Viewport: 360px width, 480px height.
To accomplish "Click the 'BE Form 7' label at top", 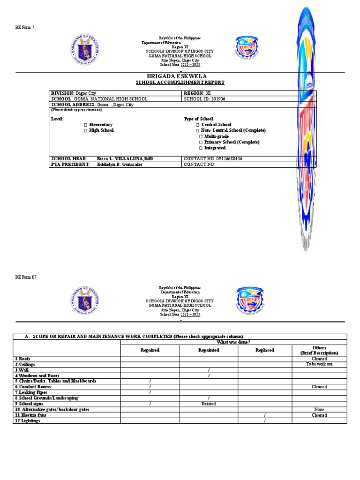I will pos(24,27).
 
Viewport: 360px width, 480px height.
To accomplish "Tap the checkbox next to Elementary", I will pos(86,125).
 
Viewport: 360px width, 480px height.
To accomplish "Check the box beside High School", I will pos(86,130).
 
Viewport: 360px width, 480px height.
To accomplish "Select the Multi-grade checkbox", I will pos(201,136).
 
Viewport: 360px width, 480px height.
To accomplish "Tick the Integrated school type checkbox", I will pos(201,148).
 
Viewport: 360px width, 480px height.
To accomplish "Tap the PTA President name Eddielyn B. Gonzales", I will pos(120,165).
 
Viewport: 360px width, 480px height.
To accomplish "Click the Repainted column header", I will pos(208,350).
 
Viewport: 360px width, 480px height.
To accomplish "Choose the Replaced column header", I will pos(265,350).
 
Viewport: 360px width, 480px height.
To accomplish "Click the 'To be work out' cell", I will pos(319,364).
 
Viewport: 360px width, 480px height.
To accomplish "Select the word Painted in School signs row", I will pos(208,404).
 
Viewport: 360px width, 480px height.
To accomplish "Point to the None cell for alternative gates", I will pos(319,409).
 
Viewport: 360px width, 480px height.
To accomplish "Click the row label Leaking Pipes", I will pos(27,392).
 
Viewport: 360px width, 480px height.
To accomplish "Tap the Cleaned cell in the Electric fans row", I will pos(319,415).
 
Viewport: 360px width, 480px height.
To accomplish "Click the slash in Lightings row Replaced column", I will pos(265,421).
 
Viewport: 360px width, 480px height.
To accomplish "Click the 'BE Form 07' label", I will pos(25,277).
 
